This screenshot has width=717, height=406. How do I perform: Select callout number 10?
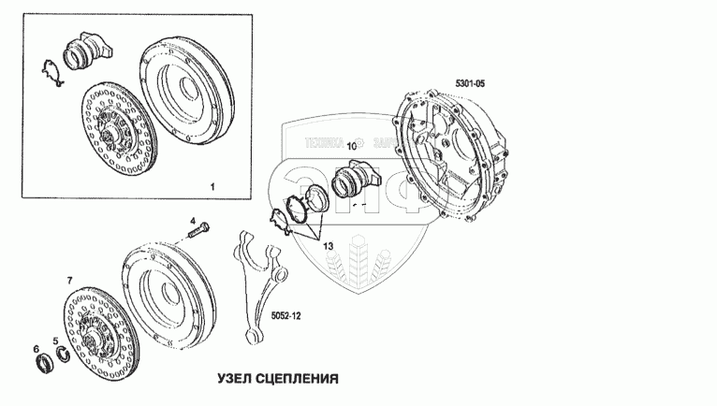[x=352, y=146]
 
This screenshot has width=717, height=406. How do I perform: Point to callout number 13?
[x=328, y=246]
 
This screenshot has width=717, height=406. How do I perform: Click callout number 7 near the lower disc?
[x=68, y=281]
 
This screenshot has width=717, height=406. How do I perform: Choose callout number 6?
[x=37, y=349]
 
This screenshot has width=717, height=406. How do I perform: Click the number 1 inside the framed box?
[x=212, y=187]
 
